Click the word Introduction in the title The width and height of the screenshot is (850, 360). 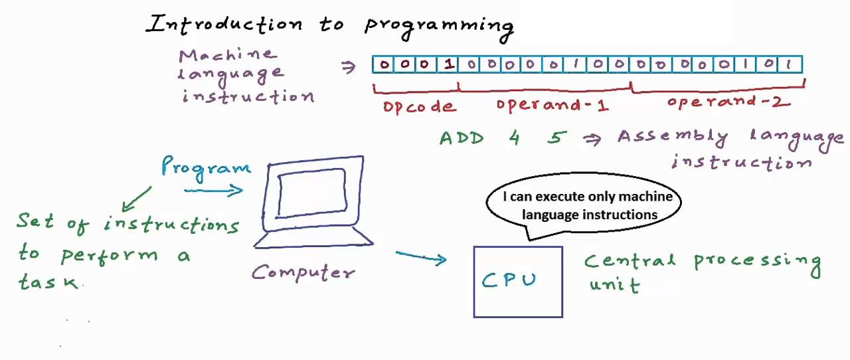[x=224, y=25]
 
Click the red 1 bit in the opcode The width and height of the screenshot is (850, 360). [x=449, y=64]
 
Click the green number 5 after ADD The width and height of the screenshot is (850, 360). [x=557, y=138]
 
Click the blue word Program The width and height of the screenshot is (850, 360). [x=206, y=166]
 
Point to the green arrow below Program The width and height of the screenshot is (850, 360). [x=136, y=199]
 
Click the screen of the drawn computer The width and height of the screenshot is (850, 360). [x=311, y=193]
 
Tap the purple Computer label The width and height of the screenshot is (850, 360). [x=303, y=272]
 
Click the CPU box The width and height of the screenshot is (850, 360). [x=518, y=282]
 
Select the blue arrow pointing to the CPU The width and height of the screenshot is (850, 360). [x=422, y=258]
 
